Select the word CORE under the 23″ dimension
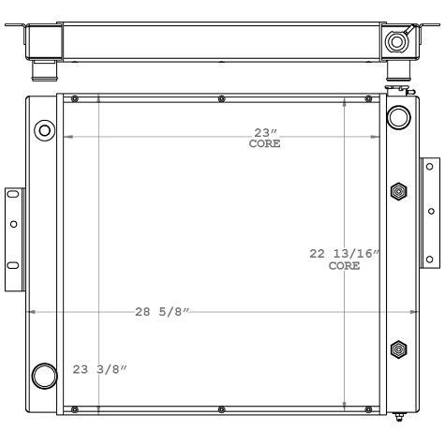(264, 144)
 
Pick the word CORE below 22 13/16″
(344, 266)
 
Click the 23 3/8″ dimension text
(99, 369)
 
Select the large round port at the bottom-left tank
(44, 376)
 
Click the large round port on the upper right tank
(397, 117)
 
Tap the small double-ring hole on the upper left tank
(43, 128)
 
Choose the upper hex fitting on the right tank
(399, 191)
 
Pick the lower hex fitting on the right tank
(399, 349)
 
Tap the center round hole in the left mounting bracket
(13, 225)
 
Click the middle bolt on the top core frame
(220, 98)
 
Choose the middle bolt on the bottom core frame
(220, 408)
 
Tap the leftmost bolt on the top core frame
(74, 98)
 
